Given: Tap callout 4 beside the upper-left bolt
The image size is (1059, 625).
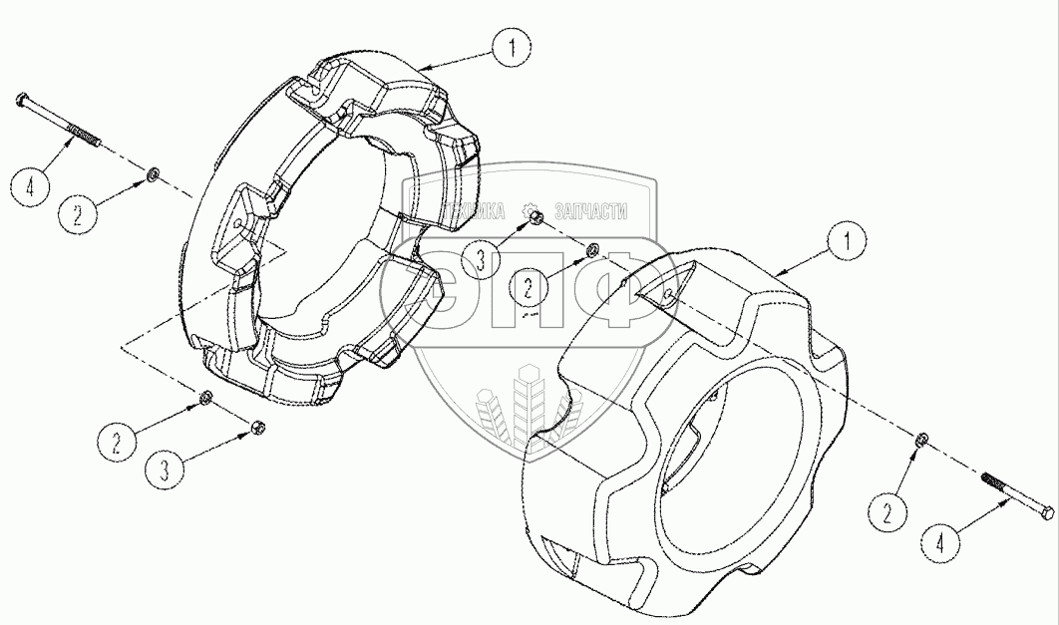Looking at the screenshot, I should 34,186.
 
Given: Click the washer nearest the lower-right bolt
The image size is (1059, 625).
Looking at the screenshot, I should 921,440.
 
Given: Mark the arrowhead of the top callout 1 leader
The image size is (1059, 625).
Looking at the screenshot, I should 418,67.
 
